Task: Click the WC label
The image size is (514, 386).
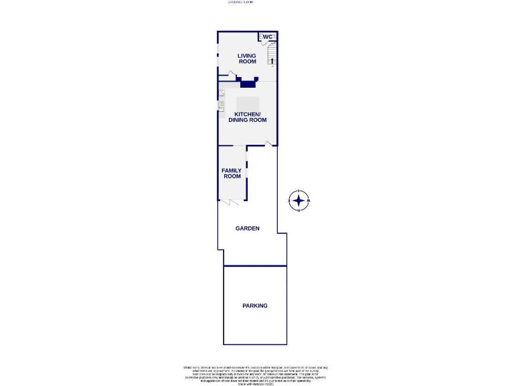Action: pyautogui.click(x=267, y=37)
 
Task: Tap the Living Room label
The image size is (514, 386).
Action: pyautogui.click(x=247, y=59)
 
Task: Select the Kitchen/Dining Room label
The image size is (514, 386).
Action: pyautogui.click(x=250, y=117)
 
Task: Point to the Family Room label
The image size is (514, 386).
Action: pyautogui.click(x=232, y=174)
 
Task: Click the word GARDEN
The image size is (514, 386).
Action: pyautogui.click(x=247, y=229)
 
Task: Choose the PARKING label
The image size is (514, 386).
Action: pyautogui.click(x=254, y=306)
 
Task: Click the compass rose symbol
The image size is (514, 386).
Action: pyautogui.click(x=298, y=200)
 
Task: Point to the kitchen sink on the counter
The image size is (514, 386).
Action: pyautogui.click(x=220, y=105)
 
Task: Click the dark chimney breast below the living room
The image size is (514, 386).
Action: pyautogui.click(x=248, y=84)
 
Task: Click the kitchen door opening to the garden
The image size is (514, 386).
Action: pyautogui.click(x=268, y=143)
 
